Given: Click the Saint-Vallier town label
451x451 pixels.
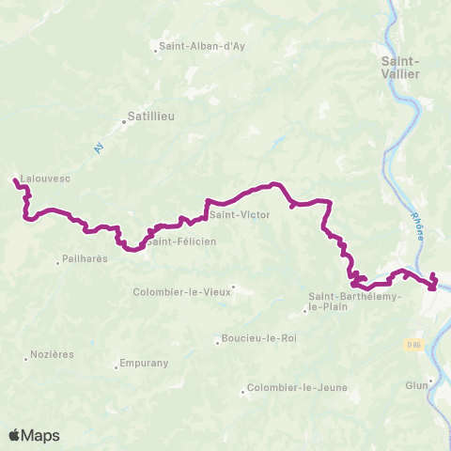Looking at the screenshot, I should click(401, 69).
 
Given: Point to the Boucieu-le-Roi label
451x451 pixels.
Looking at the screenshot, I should click(258, 339).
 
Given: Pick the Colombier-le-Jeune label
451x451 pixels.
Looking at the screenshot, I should click(296, 388).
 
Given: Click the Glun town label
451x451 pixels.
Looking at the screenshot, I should click(417, 381).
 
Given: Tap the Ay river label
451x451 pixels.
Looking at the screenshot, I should click(98, 148).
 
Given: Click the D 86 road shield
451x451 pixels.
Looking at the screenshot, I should click(414, 344).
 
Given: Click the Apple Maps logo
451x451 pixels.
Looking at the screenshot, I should click(34, 435).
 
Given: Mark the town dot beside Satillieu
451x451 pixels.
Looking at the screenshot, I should click(124, 118).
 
